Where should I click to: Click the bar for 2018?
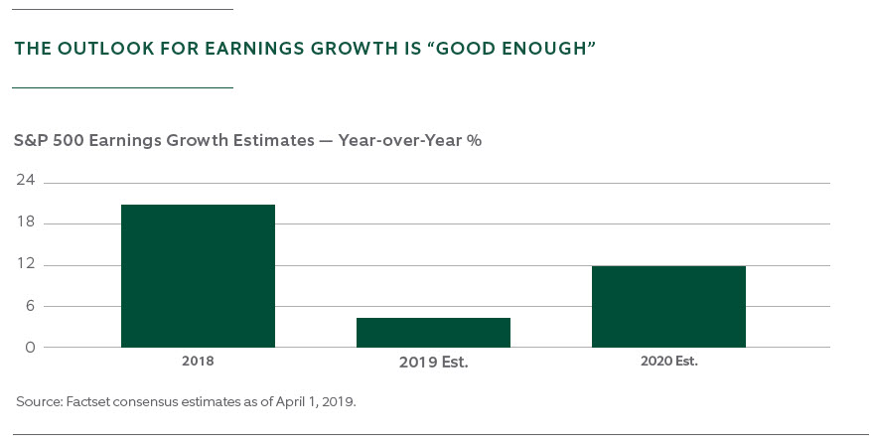pyautogui.click(x=198, y=276)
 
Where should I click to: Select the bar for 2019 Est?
pyautogui.click(x=433, y=333)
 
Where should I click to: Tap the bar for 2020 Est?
pyautogui.click(x=668, y=307)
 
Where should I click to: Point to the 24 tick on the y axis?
pyautogui.click(x=24, y=180)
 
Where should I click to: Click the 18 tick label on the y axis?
pyautogui.click(x=25, y=222)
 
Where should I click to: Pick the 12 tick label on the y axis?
pyautogui.click(x=25, y=264)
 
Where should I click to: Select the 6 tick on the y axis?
pyautogui.click(x=30, y=306)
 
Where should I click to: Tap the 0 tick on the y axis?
pyautogui.click(x=30, y=348)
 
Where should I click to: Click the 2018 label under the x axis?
pyautogui.click(x=198, y=362)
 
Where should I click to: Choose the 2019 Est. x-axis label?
pyautogui.click(x=433, y=363)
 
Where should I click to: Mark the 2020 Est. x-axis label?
pyautogui.click(x=668, y=362)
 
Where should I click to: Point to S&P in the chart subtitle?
pyautogui.click(x=31, y=140)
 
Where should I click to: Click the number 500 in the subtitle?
pyautogui.click(x=69, y=140)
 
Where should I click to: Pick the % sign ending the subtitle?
pyautogui.click(x=474, y=140)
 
